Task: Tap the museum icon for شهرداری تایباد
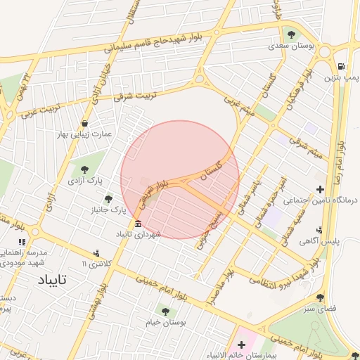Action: coord(137,224)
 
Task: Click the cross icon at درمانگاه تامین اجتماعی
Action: coord(321,189)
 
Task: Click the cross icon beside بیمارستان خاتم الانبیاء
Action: coord(242,345)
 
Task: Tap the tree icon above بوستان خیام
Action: coord(165,310)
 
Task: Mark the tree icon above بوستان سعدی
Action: coord(292,34)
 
